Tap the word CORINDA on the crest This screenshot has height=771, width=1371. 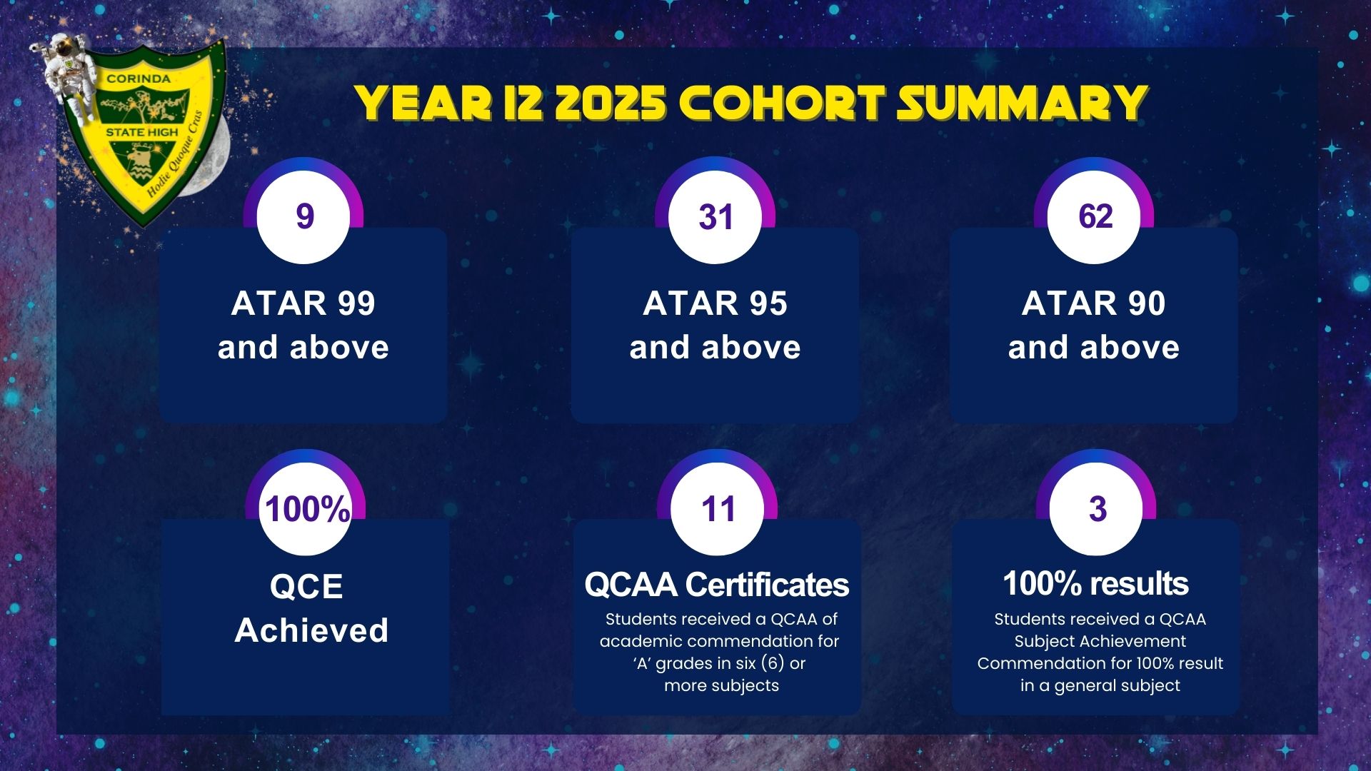click(x=138, y=79)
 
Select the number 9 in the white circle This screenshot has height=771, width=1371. click(x=305, y=216)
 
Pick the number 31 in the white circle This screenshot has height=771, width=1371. click(x=715, y=216)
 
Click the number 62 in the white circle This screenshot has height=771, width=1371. click(x=1095, y=216)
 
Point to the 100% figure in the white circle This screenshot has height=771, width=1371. click(x=307, y=509)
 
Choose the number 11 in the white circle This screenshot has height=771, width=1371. click(x=718, y=509)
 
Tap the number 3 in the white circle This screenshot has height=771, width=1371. click(x=1098, y=509)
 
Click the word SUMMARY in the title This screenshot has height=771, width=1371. click(x=1022, y=103)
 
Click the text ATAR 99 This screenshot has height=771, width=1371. click(x=303, y=303)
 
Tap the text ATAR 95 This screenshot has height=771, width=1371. click(x=715, y=303)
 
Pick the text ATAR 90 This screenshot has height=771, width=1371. click(x=1093, y=303)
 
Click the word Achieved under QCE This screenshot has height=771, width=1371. click(x=311, y=630)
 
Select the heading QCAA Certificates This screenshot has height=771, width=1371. click(x=717, y=585)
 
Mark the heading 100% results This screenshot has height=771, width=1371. click(x=1095, y=583)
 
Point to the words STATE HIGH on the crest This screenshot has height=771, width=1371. click(x=142, y=132)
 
